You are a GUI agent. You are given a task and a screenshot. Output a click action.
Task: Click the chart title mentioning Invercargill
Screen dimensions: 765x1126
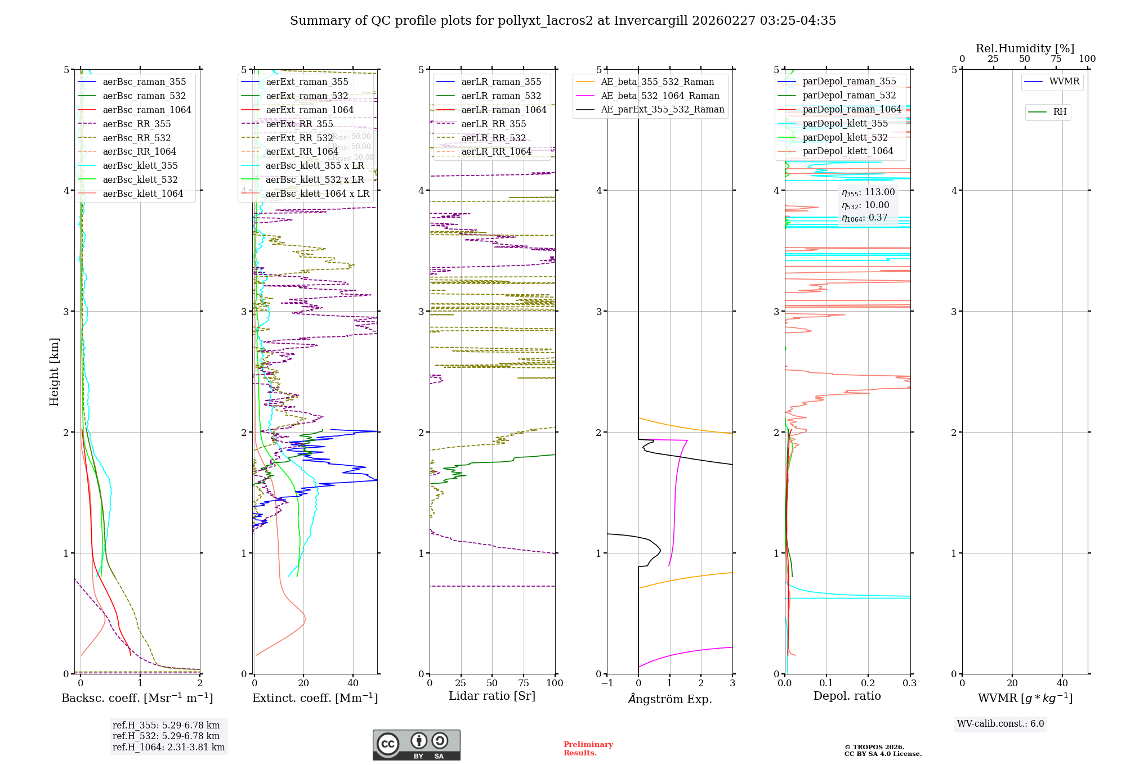pos(563,21)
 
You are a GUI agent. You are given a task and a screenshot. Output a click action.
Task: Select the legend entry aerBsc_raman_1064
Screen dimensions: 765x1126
pos(147,110)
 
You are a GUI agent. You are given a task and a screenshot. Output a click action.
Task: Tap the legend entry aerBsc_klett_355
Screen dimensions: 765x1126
pos(140,165)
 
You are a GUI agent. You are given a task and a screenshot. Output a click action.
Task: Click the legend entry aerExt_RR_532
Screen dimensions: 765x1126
pos(300,138)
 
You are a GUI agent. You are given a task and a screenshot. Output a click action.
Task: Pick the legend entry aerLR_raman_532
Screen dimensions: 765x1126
pos(501,96)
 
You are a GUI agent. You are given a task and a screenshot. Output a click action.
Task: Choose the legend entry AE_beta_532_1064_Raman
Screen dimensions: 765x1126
pos(660,96)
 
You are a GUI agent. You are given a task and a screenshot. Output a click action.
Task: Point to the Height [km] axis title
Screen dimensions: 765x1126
pos(54,371)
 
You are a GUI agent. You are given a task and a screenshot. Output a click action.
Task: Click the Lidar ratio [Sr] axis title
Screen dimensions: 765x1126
pos(492,696)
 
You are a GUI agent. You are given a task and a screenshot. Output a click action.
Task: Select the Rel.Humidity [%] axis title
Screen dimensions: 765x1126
pos(1025,48)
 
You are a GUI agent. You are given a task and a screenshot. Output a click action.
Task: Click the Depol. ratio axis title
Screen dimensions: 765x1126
pos(847,696)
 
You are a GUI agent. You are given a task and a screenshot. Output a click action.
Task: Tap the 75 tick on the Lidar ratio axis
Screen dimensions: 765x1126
pos(524,683)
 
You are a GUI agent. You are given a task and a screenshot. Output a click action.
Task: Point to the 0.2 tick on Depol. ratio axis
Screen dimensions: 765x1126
pos(868,683)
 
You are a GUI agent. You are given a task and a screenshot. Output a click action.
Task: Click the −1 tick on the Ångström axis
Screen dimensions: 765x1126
pos(606,683)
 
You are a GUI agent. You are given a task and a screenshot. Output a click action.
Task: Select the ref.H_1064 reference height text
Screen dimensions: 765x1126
pos(168,747)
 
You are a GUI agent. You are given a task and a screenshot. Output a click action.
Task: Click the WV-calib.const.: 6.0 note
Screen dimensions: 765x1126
pos(1000,723)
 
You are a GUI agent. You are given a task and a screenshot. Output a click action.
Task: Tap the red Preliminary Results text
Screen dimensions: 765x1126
pos(588,748)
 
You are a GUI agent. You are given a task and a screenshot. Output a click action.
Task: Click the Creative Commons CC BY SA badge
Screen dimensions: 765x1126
pos(416,745)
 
